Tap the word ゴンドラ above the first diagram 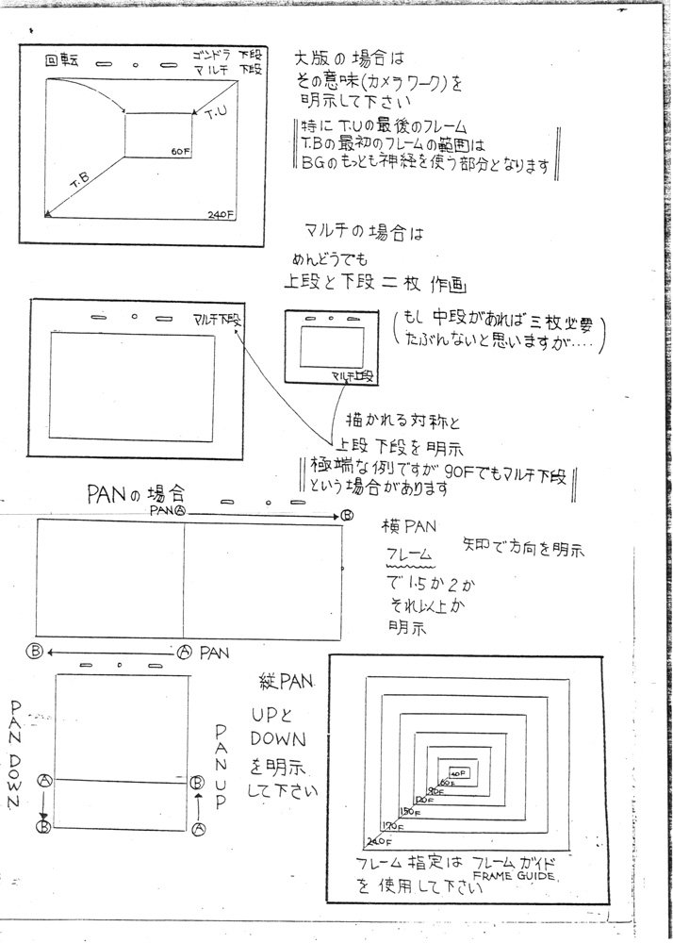coord(211,53)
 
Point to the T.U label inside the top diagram coord(216,114)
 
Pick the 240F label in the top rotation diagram coord(222,213)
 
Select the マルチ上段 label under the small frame coord(353,376)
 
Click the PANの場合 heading coord(137,492)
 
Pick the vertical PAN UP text coord(220,766)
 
